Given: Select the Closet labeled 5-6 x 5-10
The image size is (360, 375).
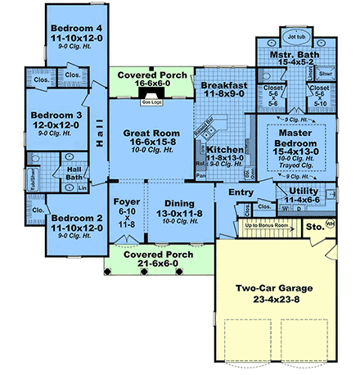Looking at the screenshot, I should (x=320, y=96).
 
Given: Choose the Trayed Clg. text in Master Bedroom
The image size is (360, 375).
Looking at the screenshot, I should (x=296, y=165).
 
